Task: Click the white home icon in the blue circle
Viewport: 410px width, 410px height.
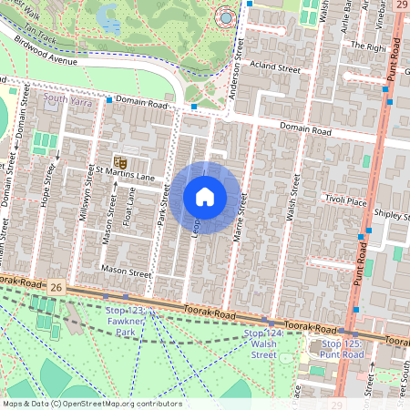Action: (x=205, y=197)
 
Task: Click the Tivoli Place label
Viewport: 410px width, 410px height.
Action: (x=345, y=201)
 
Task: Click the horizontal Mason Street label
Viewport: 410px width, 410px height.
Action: (x=126, y=272)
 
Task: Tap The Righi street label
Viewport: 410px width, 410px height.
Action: (x=369, y=45)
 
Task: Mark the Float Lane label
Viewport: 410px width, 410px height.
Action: (x=130, y=207)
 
